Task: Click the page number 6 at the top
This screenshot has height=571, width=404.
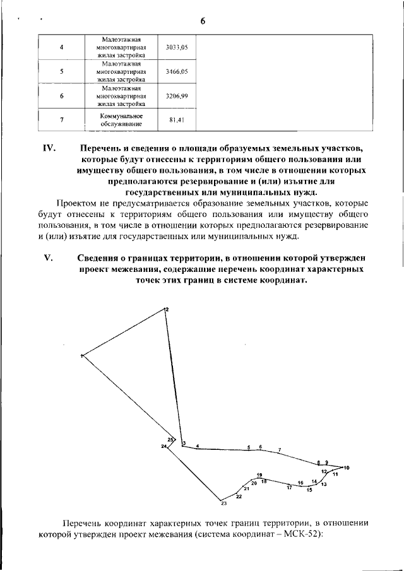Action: [203, 21]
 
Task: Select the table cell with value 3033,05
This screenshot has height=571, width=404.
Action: [176, 47]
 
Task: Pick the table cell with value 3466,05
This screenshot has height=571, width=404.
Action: [176, 72]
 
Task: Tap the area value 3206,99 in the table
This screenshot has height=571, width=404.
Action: [176, 97]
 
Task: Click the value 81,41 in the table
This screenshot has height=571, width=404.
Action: [176, 120]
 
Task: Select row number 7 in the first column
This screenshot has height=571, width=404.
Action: [61, 120]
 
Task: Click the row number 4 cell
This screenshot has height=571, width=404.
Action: [61, 47]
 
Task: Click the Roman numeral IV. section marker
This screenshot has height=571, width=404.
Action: [50, 149]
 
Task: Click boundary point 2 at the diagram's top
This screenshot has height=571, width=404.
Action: [167, 309]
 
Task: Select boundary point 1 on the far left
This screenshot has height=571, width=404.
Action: [82, 357]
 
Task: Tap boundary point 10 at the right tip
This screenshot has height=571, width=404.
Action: [346, 467]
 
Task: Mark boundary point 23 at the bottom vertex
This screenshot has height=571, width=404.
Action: [223, 503]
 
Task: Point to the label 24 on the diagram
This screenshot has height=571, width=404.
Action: [163, 447]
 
